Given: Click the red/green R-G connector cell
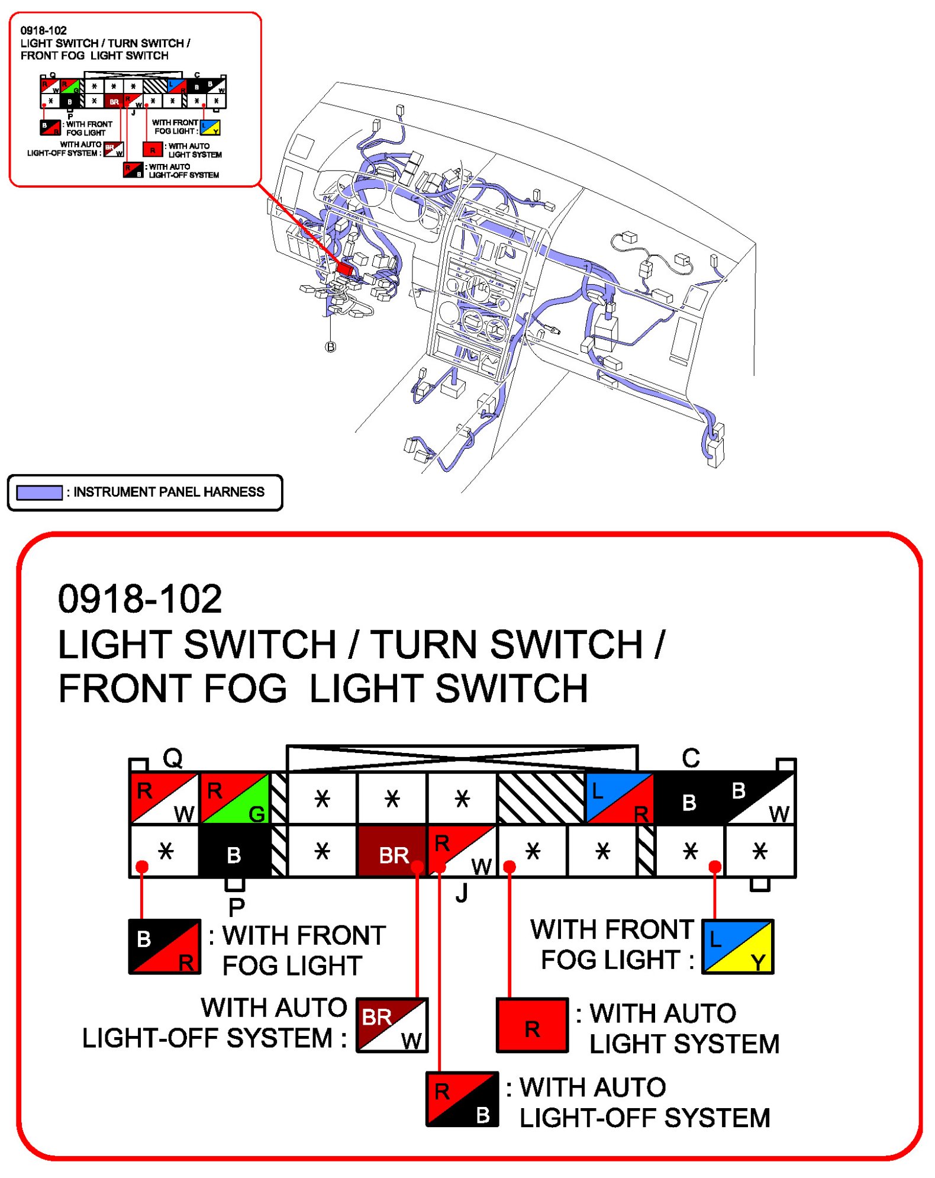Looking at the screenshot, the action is tap(235, 798).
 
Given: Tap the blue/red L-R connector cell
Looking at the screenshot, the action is tap(619, 798).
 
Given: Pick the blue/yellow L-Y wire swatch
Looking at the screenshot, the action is tap(737, 947).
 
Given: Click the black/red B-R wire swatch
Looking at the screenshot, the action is tap(165, 947).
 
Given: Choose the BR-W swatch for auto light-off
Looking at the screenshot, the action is tap(392, 1025).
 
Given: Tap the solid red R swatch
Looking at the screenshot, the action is tap(532, 1025).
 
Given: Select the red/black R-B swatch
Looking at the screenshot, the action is tap(462, 1099).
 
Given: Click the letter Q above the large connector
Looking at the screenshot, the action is tap(173, 758).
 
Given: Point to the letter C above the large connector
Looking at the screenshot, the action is tap(691, 758).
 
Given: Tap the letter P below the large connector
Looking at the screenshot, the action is tap(237, 906).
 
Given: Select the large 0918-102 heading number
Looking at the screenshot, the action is tap(140, 598).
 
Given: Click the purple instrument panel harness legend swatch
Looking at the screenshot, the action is tap(40, 493).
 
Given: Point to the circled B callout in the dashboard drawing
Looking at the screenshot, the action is tap(331, 347).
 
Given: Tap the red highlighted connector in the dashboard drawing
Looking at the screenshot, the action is tap(344, 269).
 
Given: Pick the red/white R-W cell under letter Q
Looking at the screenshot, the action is tap(165, 798).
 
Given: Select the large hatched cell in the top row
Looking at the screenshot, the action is tap(541, 798).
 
